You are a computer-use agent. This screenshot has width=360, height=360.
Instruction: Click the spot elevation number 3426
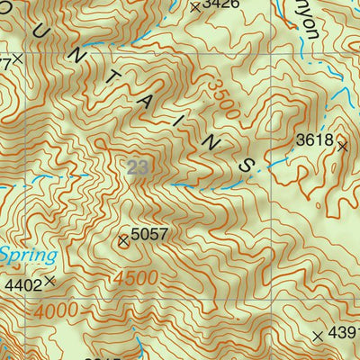point(221,4)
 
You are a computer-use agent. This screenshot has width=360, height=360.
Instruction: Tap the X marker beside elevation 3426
point(195,6)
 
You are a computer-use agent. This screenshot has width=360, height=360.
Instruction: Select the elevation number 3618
point(315,140)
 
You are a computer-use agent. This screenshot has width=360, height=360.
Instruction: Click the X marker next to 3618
point(342,143)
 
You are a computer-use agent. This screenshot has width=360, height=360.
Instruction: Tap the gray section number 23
point(138,167)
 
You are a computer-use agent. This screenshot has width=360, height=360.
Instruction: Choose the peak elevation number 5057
point(150,235)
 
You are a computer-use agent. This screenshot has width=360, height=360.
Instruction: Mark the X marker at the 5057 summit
point(123,239)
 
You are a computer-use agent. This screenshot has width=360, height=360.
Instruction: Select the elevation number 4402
point(23,284)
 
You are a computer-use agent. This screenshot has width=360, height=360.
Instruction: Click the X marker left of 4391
point(318,335)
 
